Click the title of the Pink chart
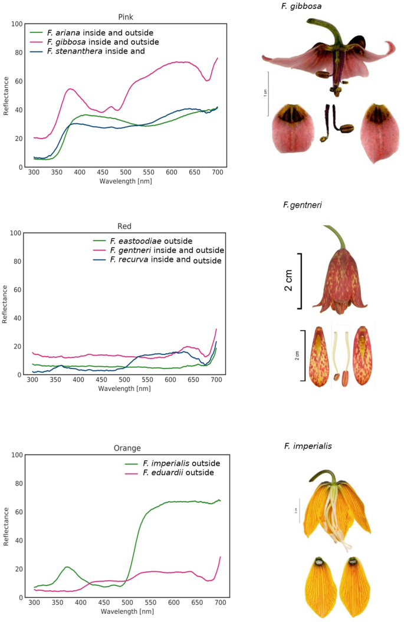click(125, 17)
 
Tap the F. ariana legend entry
click(99, 33)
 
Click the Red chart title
click(125, 226)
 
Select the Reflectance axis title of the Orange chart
click(6, 526)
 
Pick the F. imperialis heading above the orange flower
click(308, 446)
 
